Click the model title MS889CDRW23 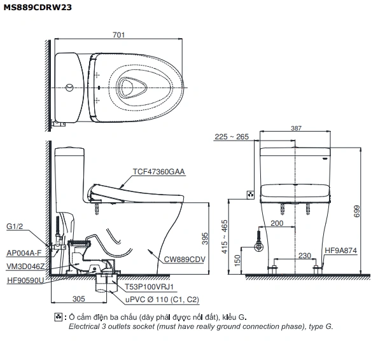[x=38, y=7]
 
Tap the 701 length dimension [x=118, y=35]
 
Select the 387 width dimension [x=296, y=128]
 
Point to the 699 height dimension [x=357, y=211]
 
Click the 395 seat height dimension [x=205, y=239]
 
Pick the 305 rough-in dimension [x=78, y=299]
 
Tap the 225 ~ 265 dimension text [x=232, y=137]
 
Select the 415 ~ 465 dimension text [x=224, y=237]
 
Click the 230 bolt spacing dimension [x=304, y=256]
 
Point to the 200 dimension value [x=277, y=223]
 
